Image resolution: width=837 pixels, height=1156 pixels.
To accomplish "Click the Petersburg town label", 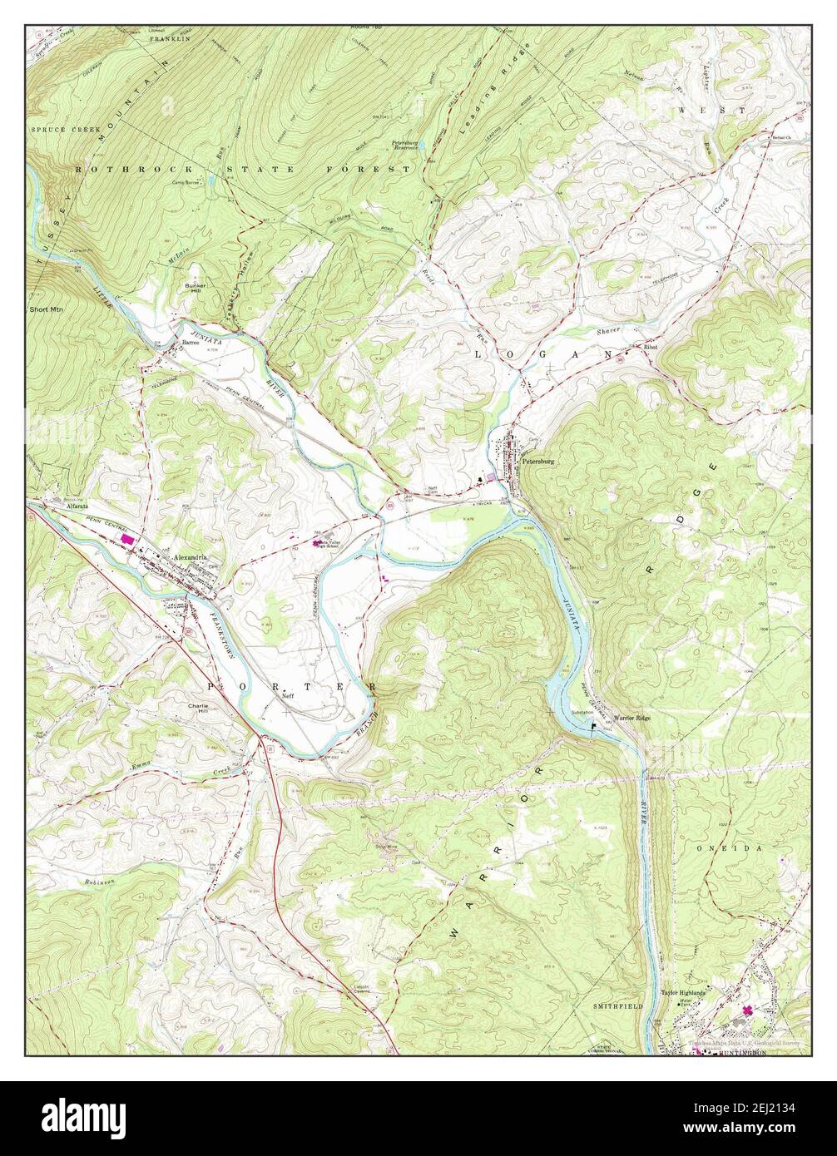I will click(537, 460).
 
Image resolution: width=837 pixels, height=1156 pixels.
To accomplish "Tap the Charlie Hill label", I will click(198, 709).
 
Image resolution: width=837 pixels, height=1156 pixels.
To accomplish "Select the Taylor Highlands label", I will click(683, 992).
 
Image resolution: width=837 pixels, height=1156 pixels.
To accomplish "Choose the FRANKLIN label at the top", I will click(171, 38).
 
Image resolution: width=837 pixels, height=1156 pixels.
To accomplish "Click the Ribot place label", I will click(650, 348).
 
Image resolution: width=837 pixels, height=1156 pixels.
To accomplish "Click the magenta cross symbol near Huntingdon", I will click(747, 1010).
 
